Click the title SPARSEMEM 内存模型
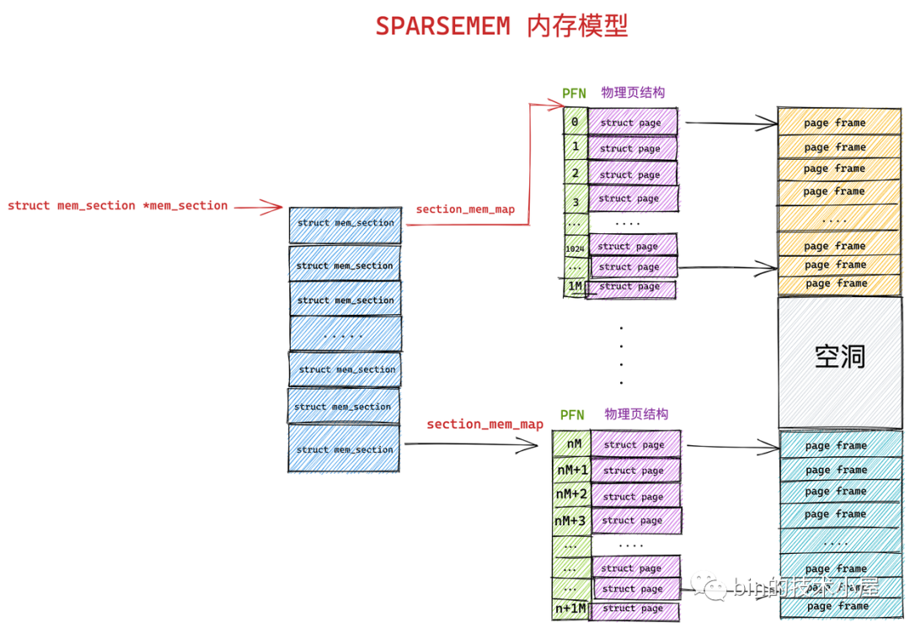pyautogui.click(x=501, y=26)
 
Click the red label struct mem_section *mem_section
pyautogui.click(x=118, y=205)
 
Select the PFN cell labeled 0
pyautogui.click(x=575, y=122)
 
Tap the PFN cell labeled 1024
pyautogui.click(x=575, y=249)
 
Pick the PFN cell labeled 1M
pyautogui.click(x=575, y=286)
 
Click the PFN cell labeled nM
pyautogui.click(x=573, y=444)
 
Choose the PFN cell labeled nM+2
pyautogui.click(x=571, y=494)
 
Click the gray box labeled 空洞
pyautogui.click(x=840, y=357)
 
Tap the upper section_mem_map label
pyautogui.click(x=465, y=209)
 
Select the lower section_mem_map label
pyautogui.click(x=484, y=424)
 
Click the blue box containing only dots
pyautogui.click(x=345, y=334)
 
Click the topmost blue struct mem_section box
pyautogui.click(x=345, y=224)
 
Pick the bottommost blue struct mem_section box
pyautogui.click(x=345, y=450)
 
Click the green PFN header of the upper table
pyautogui.click(x=574, y=93)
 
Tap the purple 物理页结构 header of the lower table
pyautogui.click(x=636, y=414)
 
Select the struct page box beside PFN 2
pyautogui.click(x=632, y=174)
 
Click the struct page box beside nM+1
pyautogui.click(x=634, y=471)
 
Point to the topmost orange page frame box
pyautogui.click(x=838, y=123)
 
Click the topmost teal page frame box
pyautogui.click(x=838, y=445)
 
